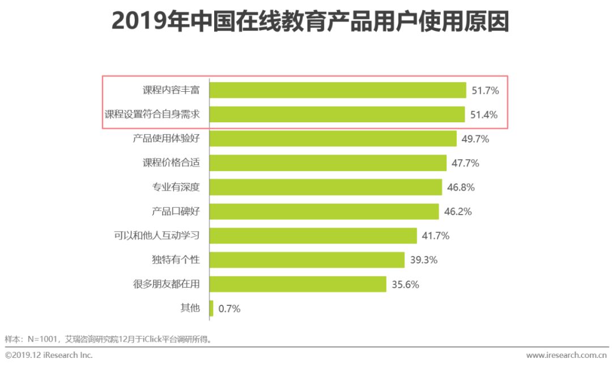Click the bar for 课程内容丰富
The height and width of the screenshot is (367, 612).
[x=338, y=90]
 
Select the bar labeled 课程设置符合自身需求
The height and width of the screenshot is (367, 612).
[x=337, y=114]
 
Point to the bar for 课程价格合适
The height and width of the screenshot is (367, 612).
[x=328, y=163]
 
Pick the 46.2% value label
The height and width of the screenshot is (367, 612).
[x=458, y=212]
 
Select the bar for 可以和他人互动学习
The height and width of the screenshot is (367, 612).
[x=313, y=236]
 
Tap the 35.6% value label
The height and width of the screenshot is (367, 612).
[x=405, y=284]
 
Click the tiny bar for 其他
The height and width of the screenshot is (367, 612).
[x=211, y=308]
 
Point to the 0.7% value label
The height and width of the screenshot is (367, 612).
[x=229, y=309]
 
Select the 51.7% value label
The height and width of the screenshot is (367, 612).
[x=485, y=90]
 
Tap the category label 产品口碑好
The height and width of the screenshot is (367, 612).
[x=176, y=212]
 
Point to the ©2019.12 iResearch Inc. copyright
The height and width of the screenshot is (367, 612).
[x=49, y=355]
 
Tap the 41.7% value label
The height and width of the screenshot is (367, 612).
[x=435, y=236]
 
